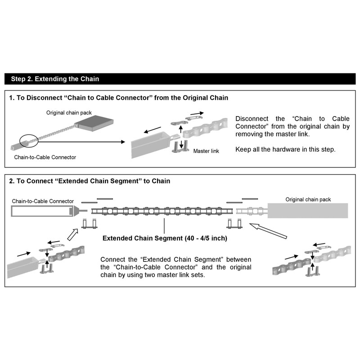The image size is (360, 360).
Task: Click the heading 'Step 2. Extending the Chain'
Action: pos(54,79)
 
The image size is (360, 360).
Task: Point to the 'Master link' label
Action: pos(206,151)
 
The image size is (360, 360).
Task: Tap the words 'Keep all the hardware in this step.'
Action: pos(285,149)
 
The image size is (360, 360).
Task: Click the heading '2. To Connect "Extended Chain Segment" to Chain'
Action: pos(90,181)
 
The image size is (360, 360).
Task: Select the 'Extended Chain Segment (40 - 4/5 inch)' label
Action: pos(165,238)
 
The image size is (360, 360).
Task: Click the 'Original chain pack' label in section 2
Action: pos(307,199)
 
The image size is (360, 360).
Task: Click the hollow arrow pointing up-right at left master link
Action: pos(72,234)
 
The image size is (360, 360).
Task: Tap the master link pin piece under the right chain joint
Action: pos(234,223)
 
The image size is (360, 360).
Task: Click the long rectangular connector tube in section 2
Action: pos(40,211)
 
